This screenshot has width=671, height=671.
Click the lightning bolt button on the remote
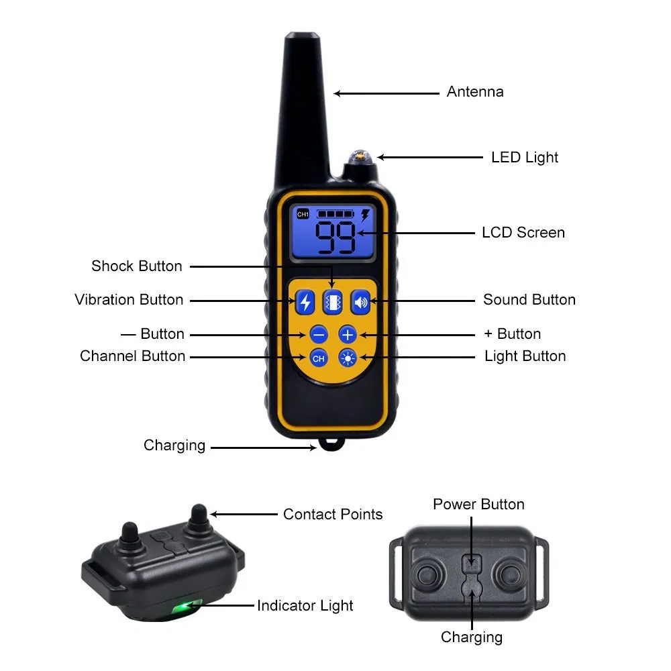(305, 303)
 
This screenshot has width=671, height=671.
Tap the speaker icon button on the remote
(361, 303)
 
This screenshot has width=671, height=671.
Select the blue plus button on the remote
(348, 334)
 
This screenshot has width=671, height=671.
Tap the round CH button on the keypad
(319, 358)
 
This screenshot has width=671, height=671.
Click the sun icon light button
(348, 358)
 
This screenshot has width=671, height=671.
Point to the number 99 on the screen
(335, 238)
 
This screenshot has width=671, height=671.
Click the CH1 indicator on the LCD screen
(303, 214)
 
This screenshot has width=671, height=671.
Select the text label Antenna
(475, 92)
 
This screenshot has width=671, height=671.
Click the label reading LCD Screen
(523, 233)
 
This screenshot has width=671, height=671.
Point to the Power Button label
(478, 504)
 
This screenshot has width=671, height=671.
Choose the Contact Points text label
(333, 515)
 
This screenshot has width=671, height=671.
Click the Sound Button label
(529, 300)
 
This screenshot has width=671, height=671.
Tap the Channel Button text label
(132, 356)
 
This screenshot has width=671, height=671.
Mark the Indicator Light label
(305, 606)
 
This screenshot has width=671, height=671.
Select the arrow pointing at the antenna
(386, 93)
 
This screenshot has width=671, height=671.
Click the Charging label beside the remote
(174, 446)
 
